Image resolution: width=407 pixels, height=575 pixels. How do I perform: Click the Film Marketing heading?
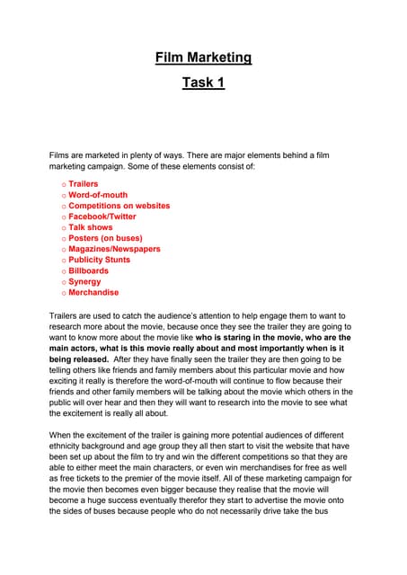[203, 58]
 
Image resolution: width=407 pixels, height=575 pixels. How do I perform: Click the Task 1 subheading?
[203, 83]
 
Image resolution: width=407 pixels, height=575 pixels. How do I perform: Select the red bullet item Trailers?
[84, 184]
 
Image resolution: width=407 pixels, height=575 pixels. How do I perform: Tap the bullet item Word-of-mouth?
[98, 195]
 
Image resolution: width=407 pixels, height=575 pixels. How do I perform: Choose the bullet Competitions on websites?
[119, 206]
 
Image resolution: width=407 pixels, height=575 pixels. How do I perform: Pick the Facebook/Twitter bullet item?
[102, 217]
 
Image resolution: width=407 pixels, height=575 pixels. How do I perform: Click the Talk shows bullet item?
[92, 227]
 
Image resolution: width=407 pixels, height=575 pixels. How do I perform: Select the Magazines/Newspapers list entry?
[114, 249]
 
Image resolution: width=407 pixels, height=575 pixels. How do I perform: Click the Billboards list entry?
[88, 270]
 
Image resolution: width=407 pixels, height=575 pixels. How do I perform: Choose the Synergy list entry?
[84, 281]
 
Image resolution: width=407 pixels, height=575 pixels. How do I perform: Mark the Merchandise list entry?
[93, 292]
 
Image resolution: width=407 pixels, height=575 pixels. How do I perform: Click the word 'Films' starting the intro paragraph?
[59, 155]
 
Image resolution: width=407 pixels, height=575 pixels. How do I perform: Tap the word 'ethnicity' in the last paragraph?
[67, 446]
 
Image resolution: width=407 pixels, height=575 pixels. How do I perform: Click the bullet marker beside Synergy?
[64, 282]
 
